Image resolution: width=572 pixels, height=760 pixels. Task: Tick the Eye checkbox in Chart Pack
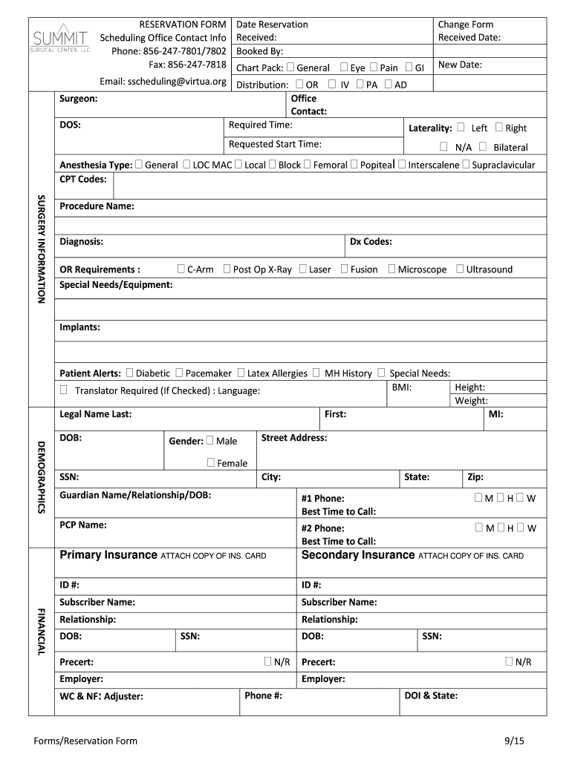pos(345,68)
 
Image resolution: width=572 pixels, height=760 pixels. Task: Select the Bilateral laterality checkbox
pos(483,147)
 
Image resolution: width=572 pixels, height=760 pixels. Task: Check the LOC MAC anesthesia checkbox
pos(186,165)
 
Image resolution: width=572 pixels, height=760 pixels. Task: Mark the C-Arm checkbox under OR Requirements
pos(181,269)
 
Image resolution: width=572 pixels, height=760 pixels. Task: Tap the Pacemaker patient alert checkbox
pos(179,373)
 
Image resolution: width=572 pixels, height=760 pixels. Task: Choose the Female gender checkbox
pos(211,462)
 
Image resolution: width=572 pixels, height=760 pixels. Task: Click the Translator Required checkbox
pos(64,390)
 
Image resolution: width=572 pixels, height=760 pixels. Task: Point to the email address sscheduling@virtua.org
pos(163,81)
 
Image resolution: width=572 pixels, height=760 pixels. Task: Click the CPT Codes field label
pos(83,180)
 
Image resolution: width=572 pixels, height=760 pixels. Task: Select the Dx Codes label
pos(371,241)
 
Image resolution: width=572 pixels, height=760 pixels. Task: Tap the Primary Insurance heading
pos(108,555)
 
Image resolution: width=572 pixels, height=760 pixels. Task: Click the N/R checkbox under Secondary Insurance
pos(509,661)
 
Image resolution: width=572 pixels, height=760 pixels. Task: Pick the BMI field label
pos(402,387)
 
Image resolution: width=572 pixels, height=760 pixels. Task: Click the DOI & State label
pos(431,695)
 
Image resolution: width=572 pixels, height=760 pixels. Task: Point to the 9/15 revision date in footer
pos(513,741)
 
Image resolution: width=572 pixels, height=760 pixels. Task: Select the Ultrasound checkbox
pos(460,269)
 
